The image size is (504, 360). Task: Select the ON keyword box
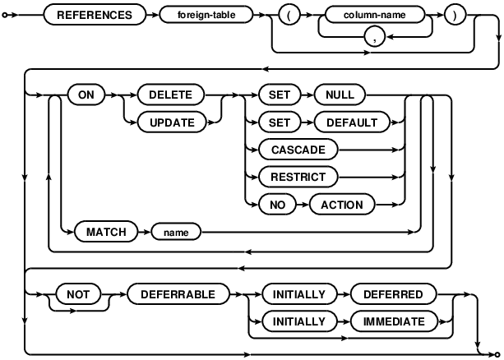[x=84, y=95]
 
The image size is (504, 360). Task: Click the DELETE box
[x=170, y=95]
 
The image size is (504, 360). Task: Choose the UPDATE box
[x=170, y=122]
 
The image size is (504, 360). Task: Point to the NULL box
[x=340, y=95]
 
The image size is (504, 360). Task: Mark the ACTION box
[x=341, y=203]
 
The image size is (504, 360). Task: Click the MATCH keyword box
[x=105, y=232]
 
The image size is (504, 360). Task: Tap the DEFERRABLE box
[x=177, y=293]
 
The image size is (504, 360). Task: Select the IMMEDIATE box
[x=395, y=321]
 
